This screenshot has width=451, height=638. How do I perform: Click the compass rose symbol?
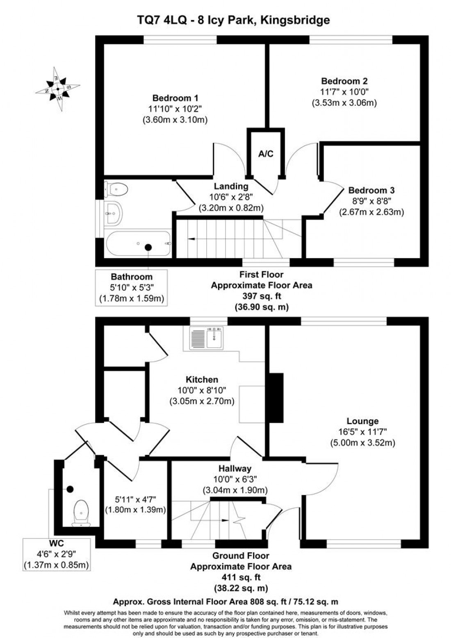(x=58, y=89)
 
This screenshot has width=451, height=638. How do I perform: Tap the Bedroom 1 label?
(x=175, y=98)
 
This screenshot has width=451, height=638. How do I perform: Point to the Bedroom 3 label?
(x=371, y=191)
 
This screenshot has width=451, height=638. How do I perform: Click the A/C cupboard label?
(x=266, y=154)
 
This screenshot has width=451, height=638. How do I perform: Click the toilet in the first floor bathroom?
(x=116, y=189)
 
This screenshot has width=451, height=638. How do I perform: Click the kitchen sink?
(x=207, y=338)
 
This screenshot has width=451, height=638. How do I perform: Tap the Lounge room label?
(x=362, y=421)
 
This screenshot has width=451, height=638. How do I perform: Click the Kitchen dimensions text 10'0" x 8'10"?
(x=202, y=391)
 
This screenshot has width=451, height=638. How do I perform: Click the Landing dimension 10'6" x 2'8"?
(x=231, y=198)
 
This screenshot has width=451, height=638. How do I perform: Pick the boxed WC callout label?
(x=56, y=544)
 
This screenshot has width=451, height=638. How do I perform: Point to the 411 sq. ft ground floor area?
(x=241, y=577)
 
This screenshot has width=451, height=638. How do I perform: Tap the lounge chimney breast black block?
(x=276, y=397)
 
